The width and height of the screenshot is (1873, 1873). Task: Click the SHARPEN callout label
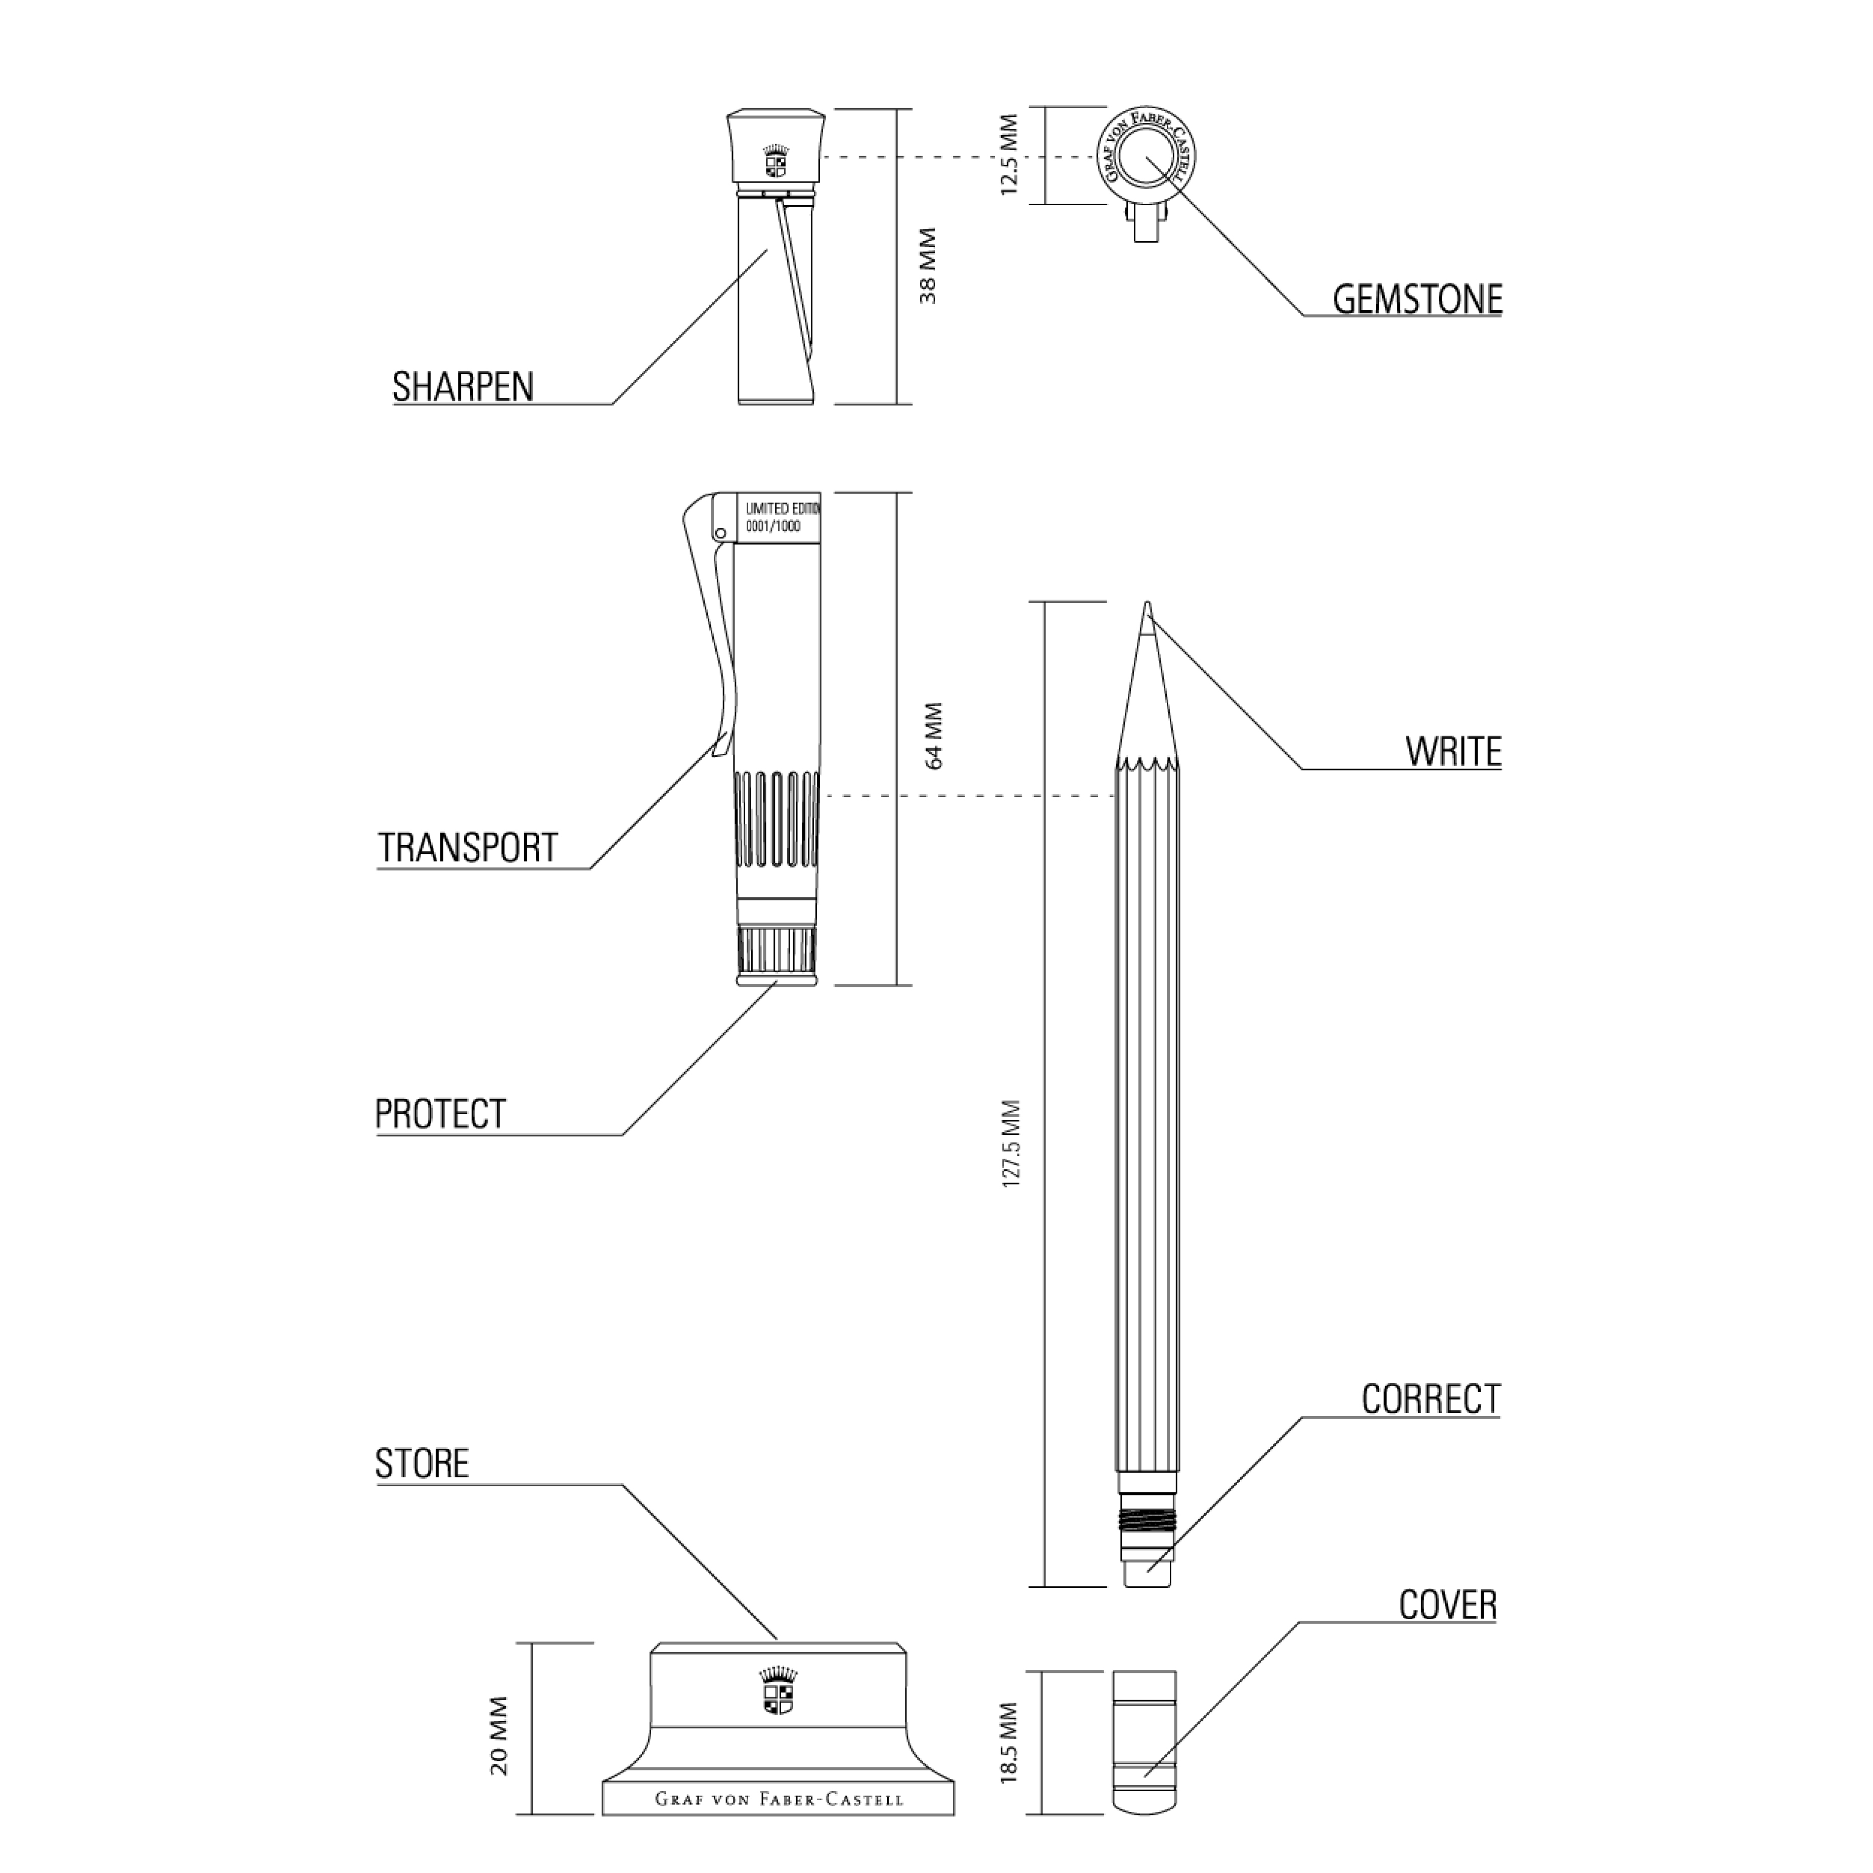[463, 387]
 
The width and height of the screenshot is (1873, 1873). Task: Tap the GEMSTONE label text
[1418, 300]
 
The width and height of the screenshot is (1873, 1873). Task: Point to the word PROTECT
[440, 1114]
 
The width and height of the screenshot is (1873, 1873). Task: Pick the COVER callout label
[1447, 1606]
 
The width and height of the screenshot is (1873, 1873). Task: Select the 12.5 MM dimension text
[1009, 155]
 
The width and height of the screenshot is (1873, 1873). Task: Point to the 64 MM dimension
[935, 737]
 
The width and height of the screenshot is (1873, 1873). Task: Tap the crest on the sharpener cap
[775, 162]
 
